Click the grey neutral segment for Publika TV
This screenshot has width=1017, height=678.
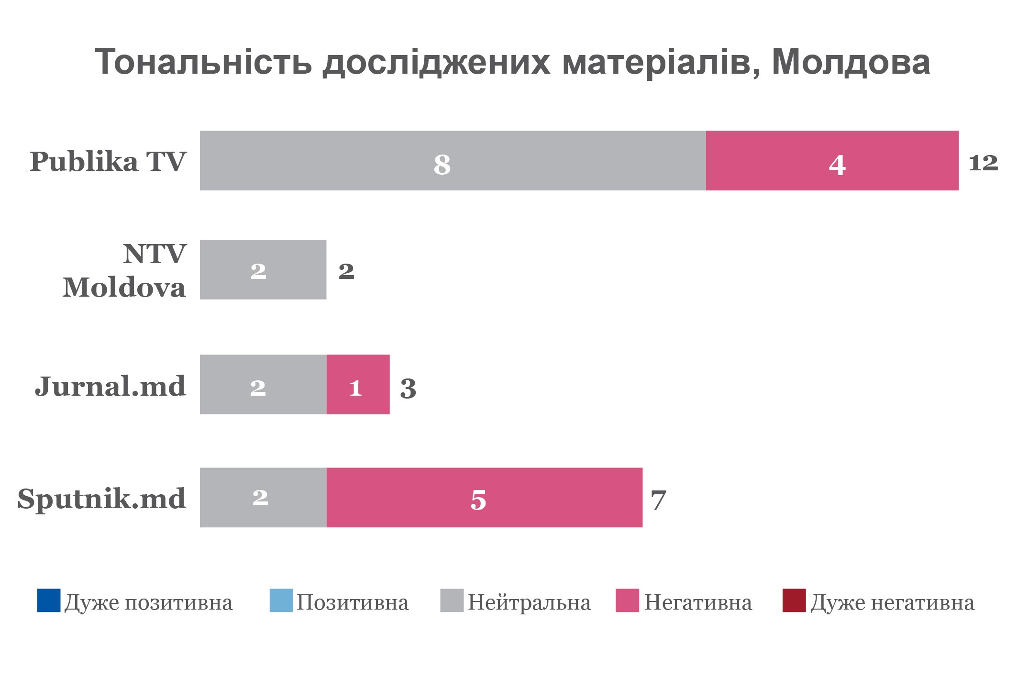pyautogui.click(x=453, y=160)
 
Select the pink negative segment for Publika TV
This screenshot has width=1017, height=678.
pyautogui.click(x=832, y=160)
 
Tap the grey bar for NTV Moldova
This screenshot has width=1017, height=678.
pyautogui.click(x=263, y=269)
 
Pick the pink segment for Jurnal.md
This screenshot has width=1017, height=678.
pyautogui.click(x=358, y=384)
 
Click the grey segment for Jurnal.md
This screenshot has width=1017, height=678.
pyautogui.click(x=263, y=384)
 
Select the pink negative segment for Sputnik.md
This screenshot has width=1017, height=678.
pyautogui.click(x=484, y=497)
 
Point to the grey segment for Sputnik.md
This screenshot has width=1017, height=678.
pyautogui.click(x=263, y=497)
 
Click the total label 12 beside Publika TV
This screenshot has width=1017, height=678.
pyautogui.click(x=983, y=163)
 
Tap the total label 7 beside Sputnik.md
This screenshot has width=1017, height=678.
pyautogui.click(x=658, y=500)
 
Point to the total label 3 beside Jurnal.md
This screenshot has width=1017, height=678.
pyautogui.click(x=408, y=388)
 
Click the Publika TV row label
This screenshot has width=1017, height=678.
pyautogui.click(x=108, y=161)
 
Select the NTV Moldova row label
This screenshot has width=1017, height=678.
pyautogui.click(x=124, y=270)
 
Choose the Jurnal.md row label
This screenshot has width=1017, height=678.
pyautogui.click(x=110, y=386)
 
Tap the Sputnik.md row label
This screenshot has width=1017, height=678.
pyautogui.click(x=101, y=499)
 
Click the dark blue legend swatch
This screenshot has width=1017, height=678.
pyautogui.click(x=49, y=600)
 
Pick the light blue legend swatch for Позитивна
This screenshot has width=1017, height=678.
pyautogui.click(x=281, y=600)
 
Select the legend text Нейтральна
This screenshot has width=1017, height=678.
pyautogui.click(x=529, y=602)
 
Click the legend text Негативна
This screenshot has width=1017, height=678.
pyautogui.click(x=698, y=602)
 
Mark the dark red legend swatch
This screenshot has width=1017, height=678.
pyautogui.click(x=794, y=600)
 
